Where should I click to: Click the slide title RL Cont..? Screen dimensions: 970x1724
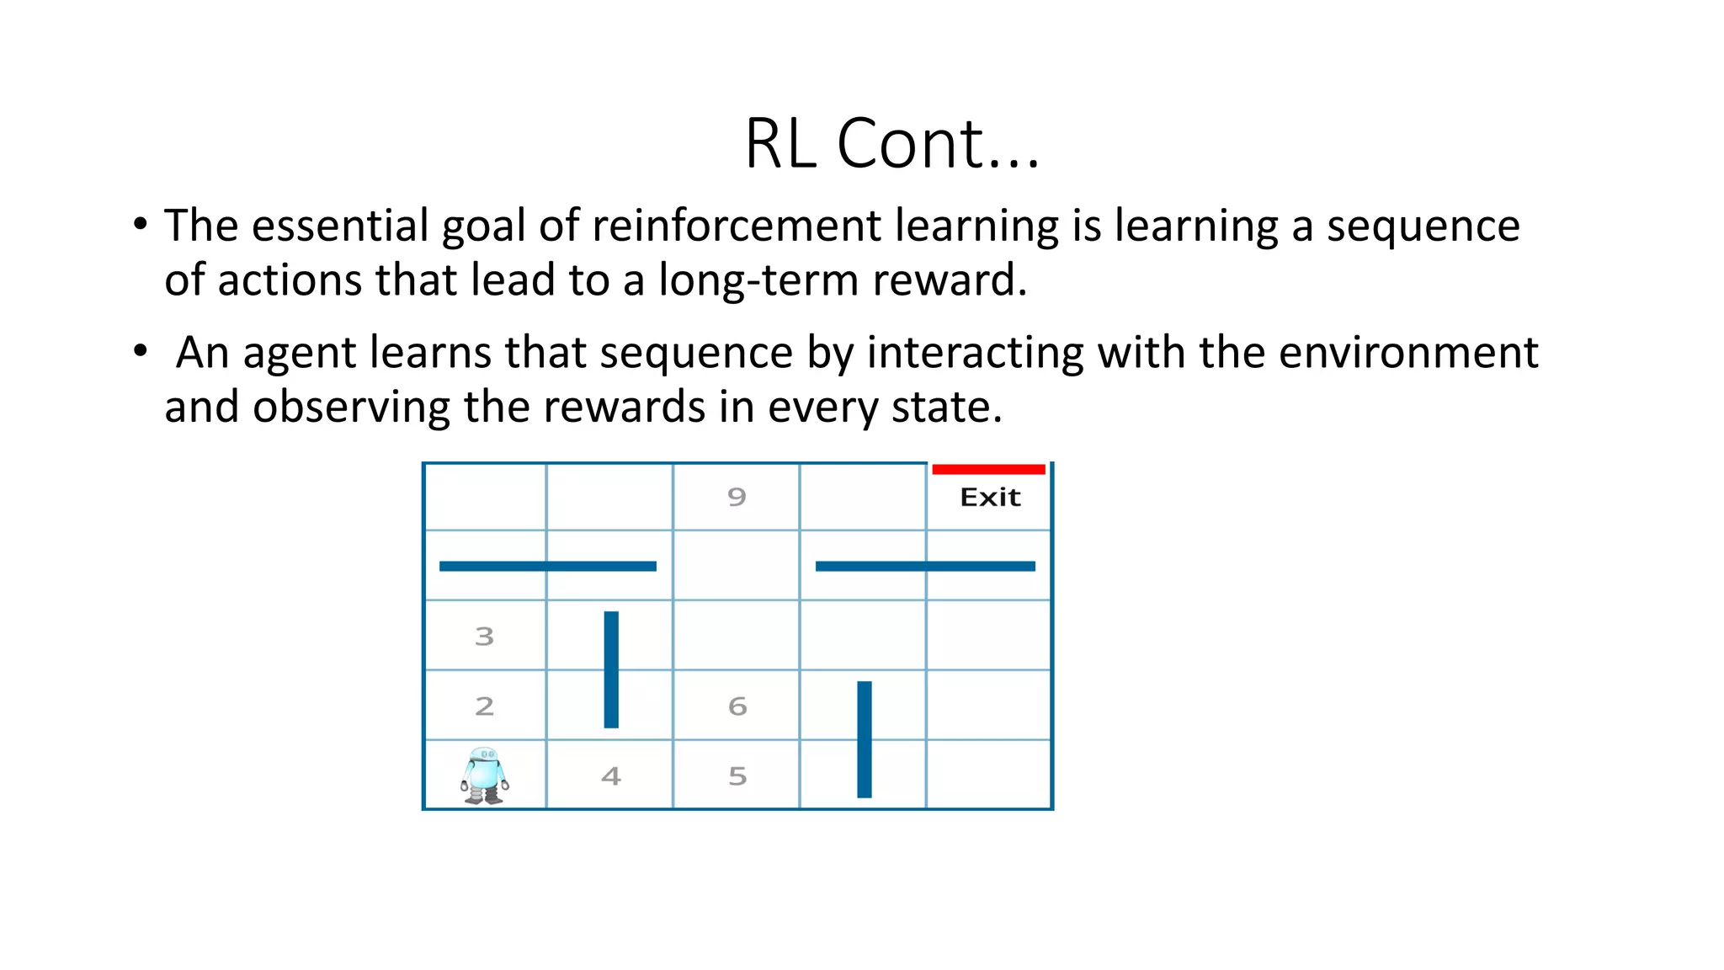892,143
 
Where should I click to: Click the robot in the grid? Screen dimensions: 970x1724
485,775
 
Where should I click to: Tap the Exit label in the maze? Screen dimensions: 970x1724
990,498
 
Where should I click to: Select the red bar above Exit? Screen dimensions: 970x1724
988,469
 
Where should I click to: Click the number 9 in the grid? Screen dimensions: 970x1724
737,497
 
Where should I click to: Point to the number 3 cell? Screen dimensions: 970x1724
484,637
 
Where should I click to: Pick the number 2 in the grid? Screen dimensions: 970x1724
484,706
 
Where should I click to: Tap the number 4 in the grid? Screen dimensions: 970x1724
611,776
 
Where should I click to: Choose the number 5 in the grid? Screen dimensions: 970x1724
737,776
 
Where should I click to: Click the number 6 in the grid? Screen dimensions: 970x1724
737,706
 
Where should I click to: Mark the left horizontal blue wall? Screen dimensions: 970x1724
547,566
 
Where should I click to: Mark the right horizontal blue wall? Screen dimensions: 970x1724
924,566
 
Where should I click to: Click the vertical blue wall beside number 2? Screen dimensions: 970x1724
611,669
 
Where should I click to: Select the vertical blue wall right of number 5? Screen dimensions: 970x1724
865,739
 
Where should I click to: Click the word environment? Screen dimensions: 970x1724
1408,353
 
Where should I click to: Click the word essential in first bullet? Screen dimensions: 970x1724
340,226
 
